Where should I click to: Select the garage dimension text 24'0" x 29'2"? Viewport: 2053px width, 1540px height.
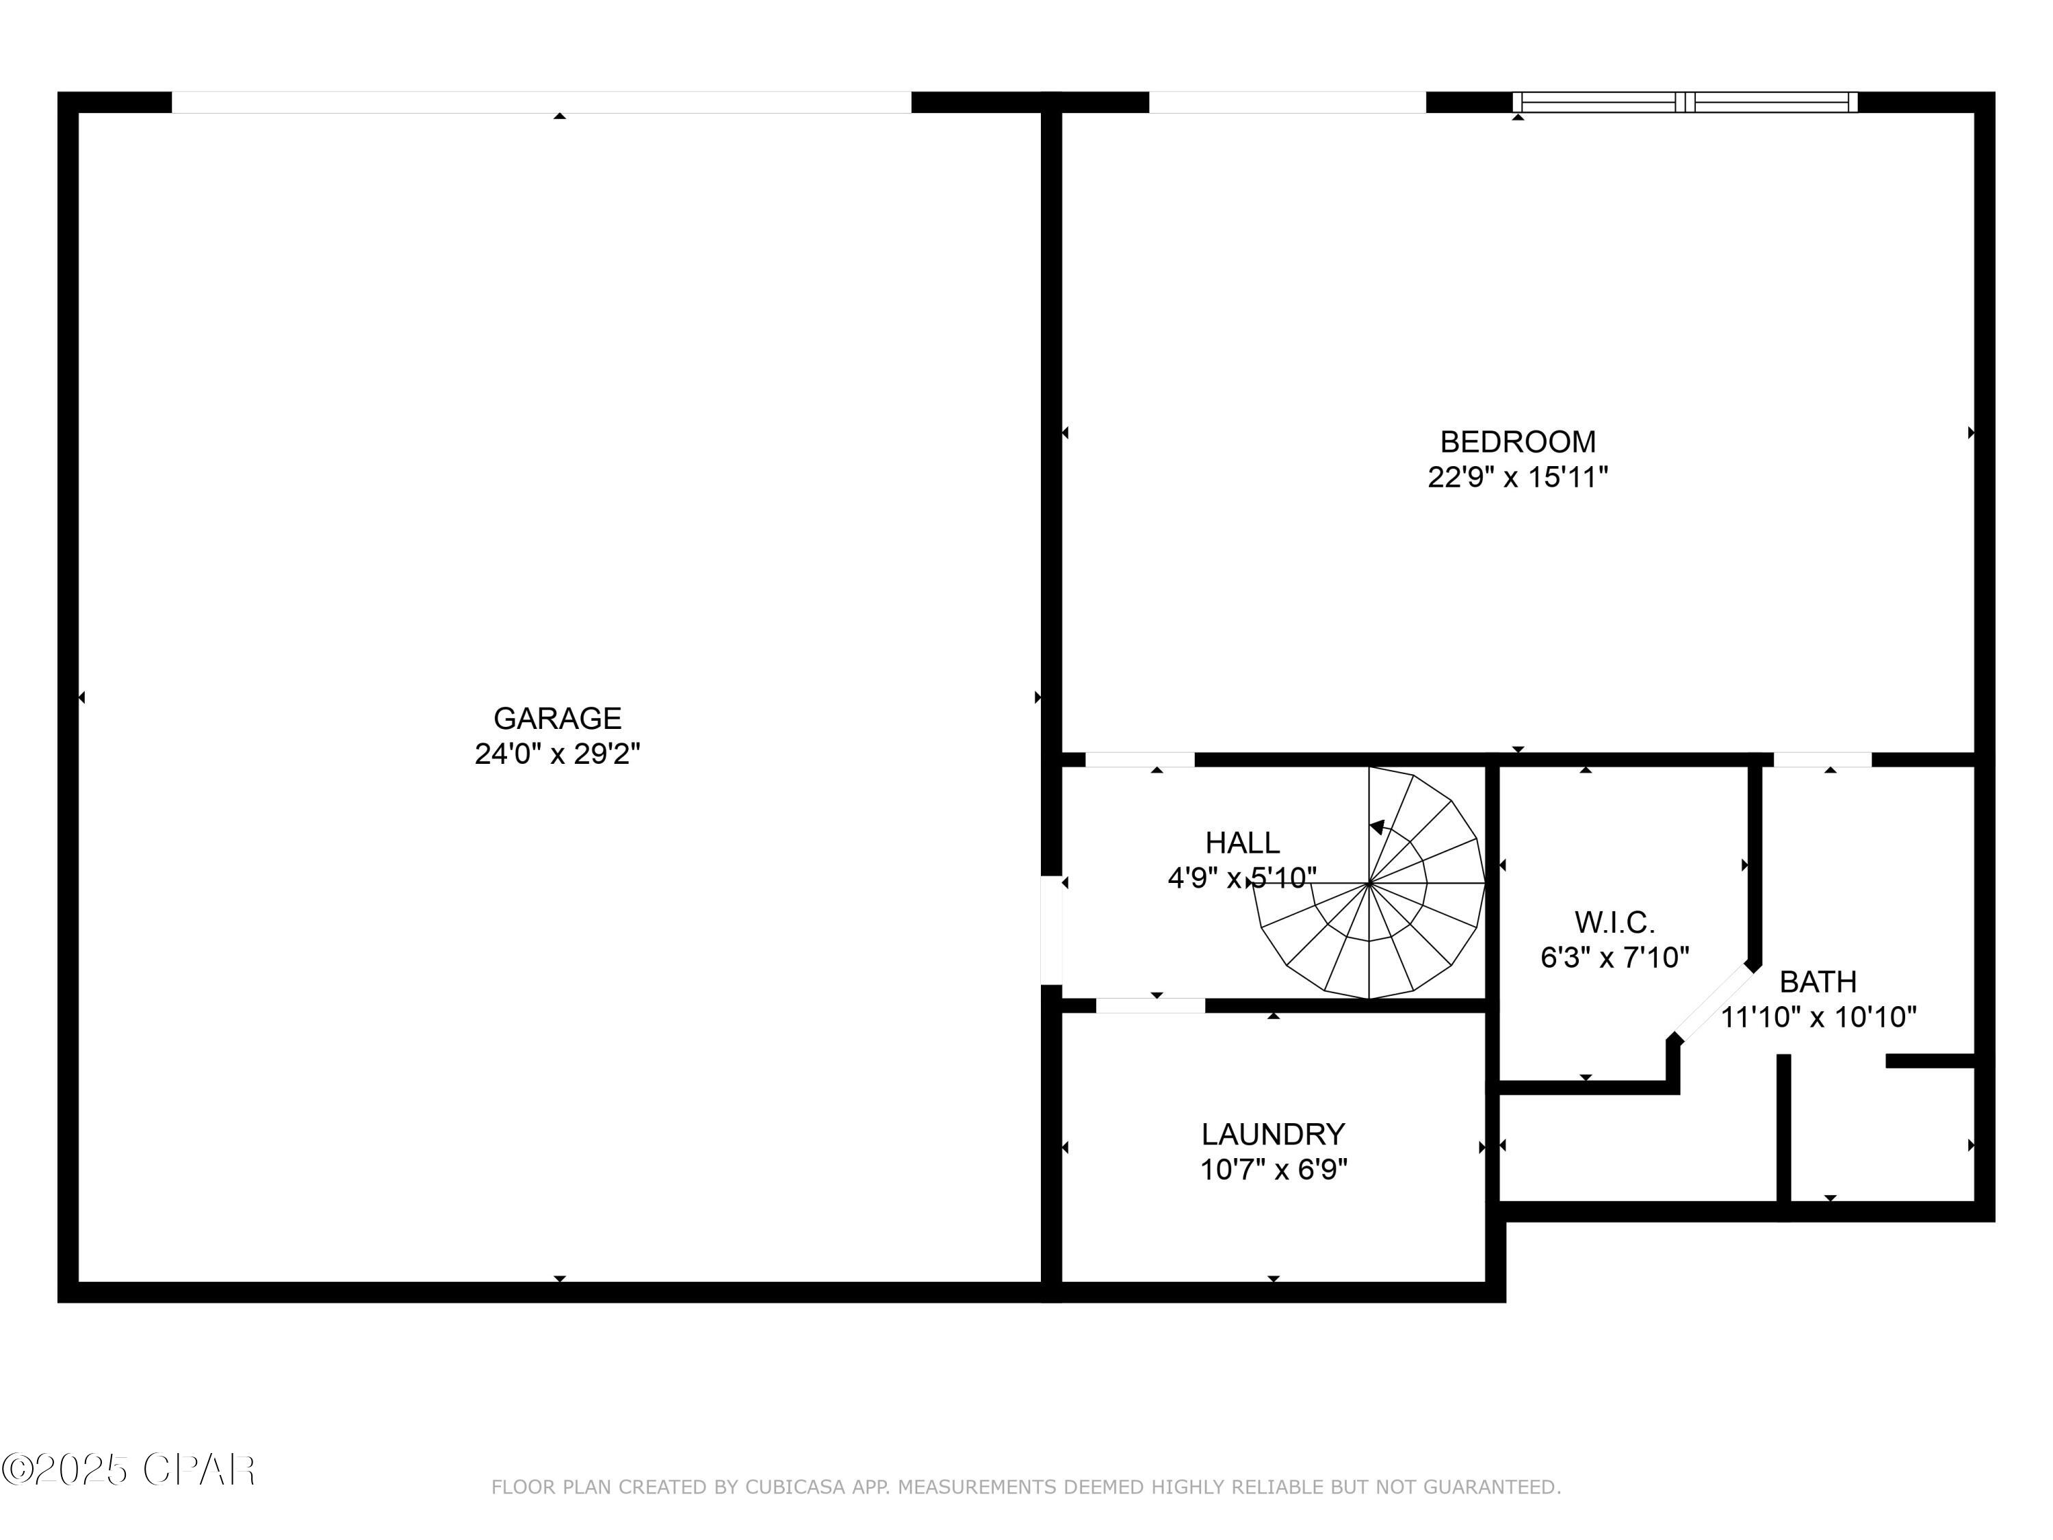pos(557,754)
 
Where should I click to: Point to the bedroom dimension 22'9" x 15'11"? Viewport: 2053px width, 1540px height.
pos(1517,477)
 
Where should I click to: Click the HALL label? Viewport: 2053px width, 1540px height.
pos(1242,843)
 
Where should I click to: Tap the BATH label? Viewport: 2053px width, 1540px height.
pos(1818,981)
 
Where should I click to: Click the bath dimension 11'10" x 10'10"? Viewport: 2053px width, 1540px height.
pos(1818,1017)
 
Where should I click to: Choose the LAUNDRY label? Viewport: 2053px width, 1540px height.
pos(1272,1134)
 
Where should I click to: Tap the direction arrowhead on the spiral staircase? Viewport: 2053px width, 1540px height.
pos(1378,826)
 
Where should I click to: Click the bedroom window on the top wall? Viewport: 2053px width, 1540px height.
pos(1685,102)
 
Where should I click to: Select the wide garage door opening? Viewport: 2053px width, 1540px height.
pos(541,102)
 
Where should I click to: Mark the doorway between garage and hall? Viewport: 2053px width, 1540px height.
pos(1050,929)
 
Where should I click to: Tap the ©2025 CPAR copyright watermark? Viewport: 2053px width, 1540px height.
pos(129,1470)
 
